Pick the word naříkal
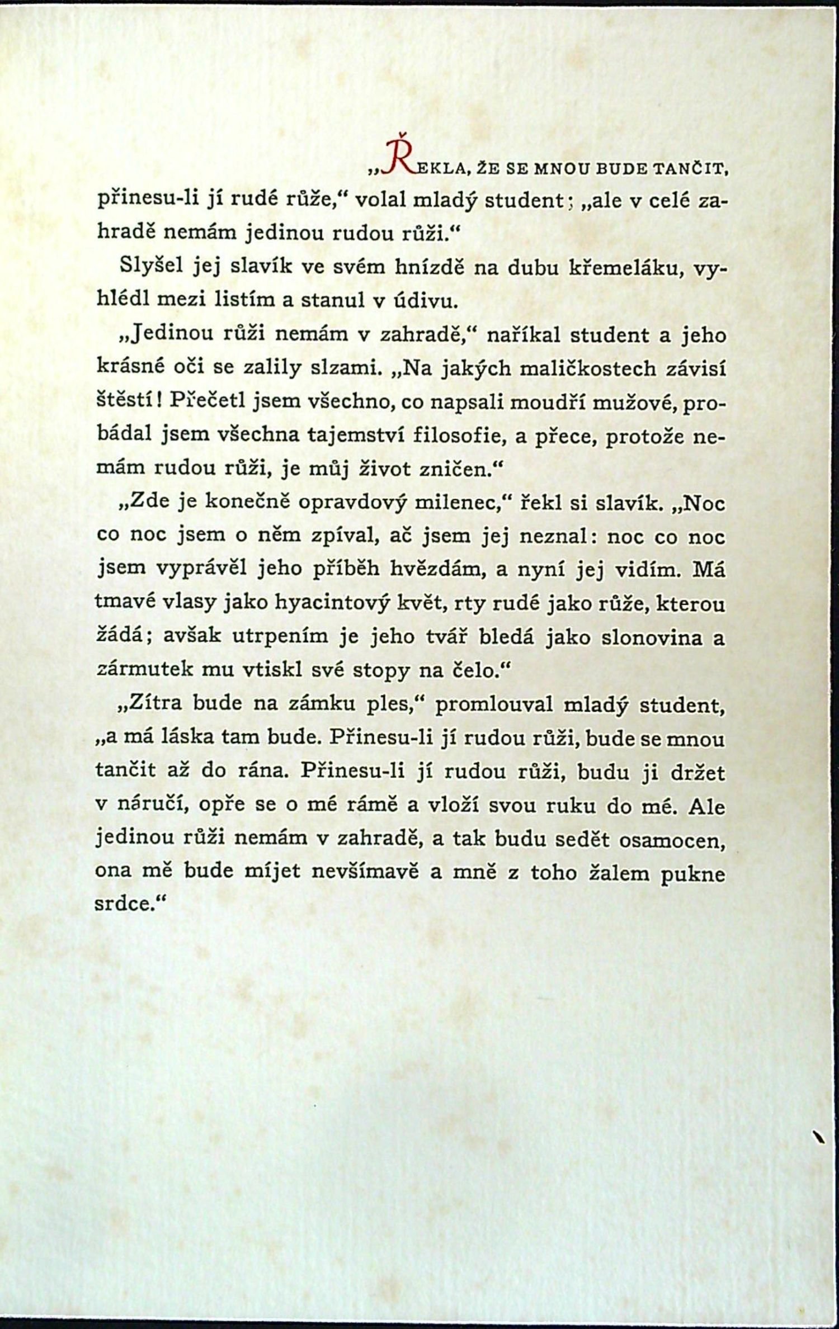[x=521, y=335]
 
